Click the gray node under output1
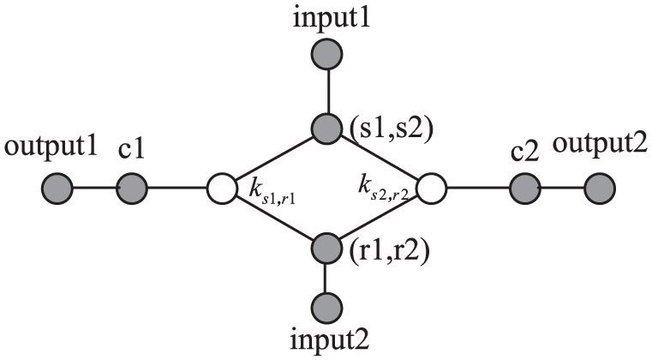click(57, 187)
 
